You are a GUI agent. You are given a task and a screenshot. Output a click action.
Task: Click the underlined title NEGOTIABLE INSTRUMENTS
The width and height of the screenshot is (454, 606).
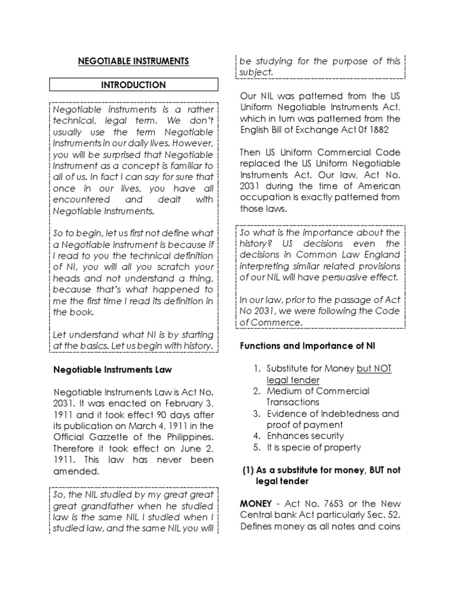click(134, 61)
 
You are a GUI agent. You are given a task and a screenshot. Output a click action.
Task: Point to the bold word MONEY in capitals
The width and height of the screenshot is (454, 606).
click(255, 503)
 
